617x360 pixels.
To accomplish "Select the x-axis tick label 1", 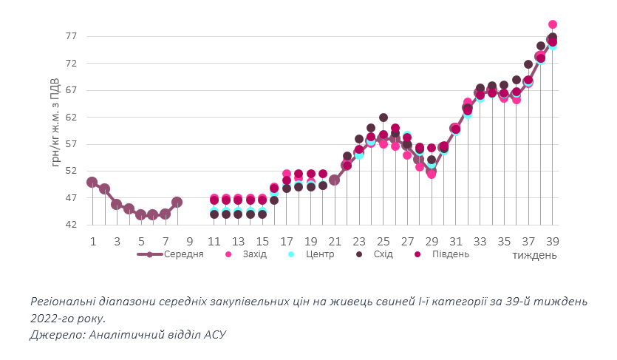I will point(93,241).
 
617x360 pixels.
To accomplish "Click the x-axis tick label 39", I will point(552,241).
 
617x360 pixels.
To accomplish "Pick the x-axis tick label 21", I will point(335,241).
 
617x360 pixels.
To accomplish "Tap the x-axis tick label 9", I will point(190,241).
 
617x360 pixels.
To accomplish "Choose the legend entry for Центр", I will point(320,254).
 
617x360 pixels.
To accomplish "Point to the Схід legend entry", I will point(383,254).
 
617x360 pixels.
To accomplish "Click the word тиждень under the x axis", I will point(535,255).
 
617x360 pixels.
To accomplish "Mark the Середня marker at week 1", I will point(92,182).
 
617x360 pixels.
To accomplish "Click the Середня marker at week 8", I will point(177,202).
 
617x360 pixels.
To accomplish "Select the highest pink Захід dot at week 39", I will point(552,24).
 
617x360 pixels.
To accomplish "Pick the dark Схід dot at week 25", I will point(384,118).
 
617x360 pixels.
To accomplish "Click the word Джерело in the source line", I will point(57,335).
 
